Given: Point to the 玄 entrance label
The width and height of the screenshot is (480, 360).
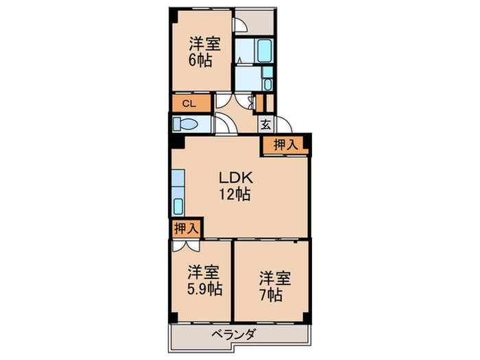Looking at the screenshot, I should coord(265,125).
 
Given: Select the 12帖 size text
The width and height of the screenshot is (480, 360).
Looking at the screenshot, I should coord(235,195).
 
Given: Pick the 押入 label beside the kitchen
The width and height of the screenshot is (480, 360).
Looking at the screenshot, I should coord(184,228).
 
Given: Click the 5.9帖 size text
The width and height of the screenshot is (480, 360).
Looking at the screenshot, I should coord(204,288).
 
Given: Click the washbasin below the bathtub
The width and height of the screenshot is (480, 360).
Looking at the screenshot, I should coord(267,84).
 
